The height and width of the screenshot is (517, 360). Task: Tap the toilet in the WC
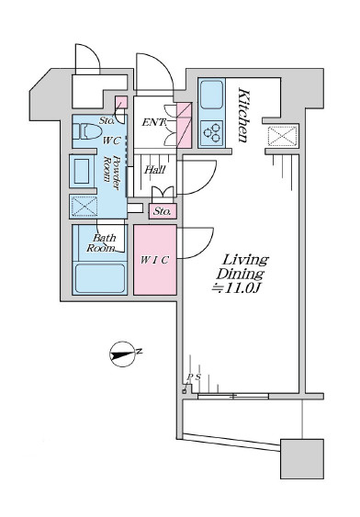(86, 131)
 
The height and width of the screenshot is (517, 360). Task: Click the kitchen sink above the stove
(211, 95)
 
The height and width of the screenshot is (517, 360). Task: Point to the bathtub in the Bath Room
(99, 278)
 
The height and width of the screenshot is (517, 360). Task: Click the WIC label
(154, 260)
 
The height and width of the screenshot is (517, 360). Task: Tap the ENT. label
(153, 123)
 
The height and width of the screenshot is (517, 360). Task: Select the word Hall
(154, 170)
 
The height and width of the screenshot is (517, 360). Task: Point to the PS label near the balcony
(194, 377)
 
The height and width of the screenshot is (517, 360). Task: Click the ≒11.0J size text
(236, 288)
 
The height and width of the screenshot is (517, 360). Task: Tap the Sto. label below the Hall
(162, 211)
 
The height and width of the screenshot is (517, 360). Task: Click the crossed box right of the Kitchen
(283, 136)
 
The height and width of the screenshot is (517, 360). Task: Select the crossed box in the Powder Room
(84, 207)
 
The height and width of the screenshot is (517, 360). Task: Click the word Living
(245, 260)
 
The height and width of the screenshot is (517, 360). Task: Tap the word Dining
(240, 275)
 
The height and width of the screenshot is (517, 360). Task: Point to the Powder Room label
(111, 172)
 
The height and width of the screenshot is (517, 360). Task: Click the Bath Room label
(102, 242)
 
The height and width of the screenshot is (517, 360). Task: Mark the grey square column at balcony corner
(302, 458)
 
